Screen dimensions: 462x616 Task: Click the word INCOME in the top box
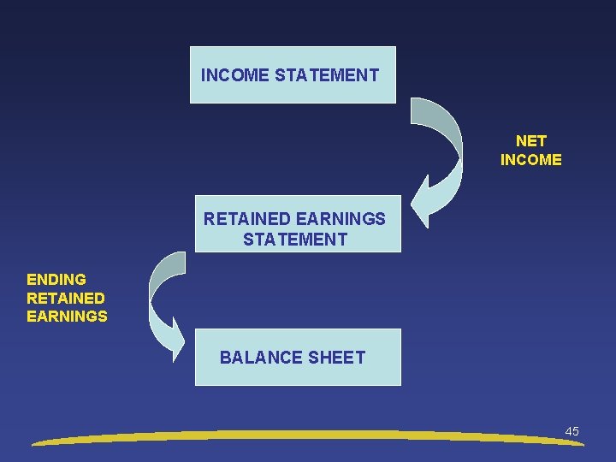tap(235, 75)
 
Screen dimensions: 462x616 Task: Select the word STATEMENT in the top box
tap(327, 75)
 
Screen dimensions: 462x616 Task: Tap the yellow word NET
tap(531, 141)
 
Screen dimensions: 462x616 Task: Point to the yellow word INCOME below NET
tap(531, 160)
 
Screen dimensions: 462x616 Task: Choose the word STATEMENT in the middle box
tap(295, 240)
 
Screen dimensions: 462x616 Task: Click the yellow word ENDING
tap(56, 280)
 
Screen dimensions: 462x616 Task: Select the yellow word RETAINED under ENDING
tap(66, 299)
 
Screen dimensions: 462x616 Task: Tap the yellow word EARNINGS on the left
tap(68, 317)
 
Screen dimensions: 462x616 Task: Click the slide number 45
tap(572, 431)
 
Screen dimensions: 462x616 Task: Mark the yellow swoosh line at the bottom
tap(308, 436)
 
